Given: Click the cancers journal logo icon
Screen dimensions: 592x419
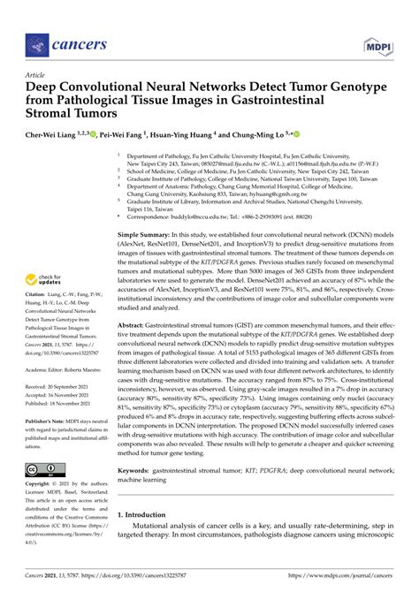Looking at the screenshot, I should tap(36, 42).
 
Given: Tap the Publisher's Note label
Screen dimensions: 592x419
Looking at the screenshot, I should tap(50, 422).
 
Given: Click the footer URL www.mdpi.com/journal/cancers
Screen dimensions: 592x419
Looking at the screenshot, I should tap(347, 576).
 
